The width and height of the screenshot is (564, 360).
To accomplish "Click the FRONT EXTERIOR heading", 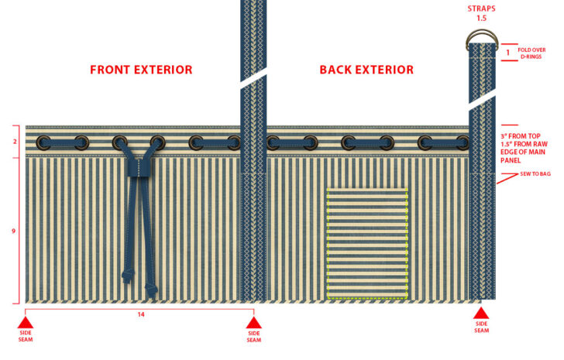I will point(141,70).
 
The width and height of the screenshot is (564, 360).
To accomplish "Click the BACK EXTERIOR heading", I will point(366,70).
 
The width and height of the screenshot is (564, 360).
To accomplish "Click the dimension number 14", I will point(140,314).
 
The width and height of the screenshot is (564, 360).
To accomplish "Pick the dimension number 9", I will point(14,231).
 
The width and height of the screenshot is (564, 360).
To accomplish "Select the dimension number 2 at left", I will point(14,142).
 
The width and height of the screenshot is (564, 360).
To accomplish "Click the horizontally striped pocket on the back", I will point(367,243).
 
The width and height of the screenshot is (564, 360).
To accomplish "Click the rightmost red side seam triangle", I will point(481,315).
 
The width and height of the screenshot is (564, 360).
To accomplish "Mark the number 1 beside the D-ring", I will point(507,52).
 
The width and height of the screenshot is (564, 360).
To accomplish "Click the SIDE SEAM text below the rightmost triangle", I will point(481,327).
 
